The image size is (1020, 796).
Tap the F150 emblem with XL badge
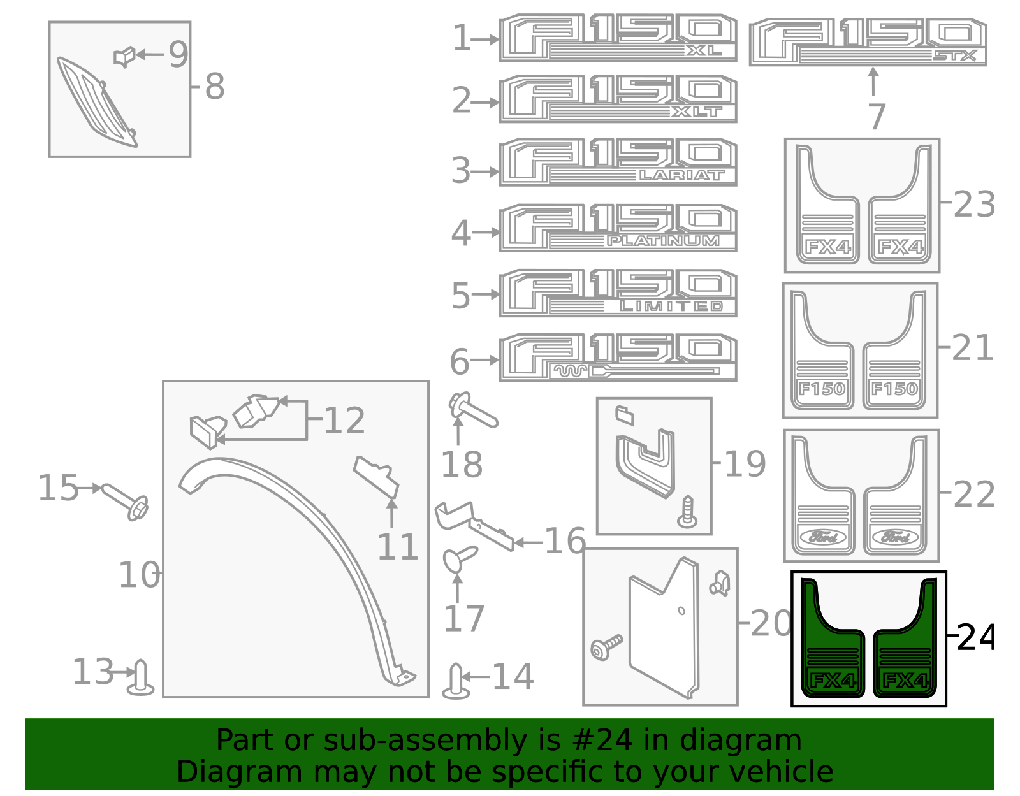(x=618, y=38)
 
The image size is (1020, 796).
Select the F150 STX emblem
(x=868, y=42)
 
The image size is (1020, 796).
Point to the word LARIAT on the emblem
(x=681, y=175)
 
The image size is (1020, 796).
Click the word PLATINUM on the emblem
(x=663, y=241)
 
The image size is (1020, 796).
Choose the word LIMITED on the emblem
(x=671, y=306)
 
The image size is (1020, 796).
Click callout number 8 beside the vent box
(x=214, y=86)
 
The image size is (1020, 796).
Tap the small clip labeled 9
(x=124, y=57)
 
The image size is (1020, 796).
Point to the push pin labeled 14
(x=456, y=681)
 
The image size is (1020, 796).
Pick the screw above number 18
(x=472, y=410)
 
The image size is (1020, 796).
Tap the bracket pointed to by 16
(x=474, y=525)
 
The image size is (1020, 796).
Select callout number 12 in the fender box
(x=344, y=420)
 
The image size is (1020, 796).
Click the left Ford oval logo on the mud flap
(x=822, y=537)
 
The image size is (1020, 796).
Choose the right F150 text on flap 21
(x=894, y=388)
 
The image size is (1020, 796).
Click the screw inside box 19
(x=688, y=512)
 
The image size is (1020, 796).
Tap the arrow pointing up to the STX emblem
(x=873, y=82)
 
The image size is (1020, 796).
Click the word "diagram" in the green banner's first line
(x=741, y=740)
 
